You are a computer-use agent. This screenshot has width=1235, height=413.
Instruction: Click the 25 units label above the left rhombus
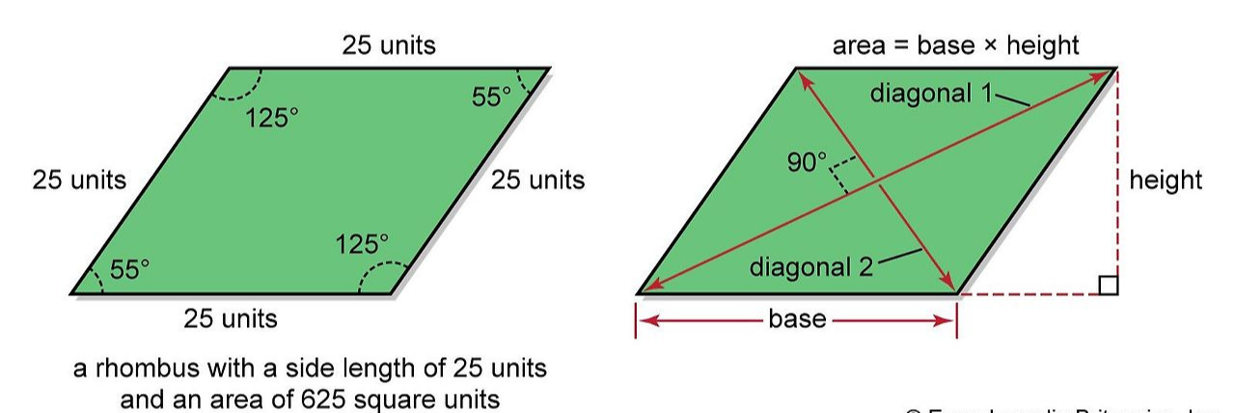(388, 45)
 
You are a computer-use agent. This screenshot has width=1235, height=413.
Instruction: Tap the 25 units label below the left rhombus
(231, 318)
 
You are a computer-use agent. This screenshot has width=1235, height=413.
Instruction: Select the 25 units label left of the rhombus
(79, 180)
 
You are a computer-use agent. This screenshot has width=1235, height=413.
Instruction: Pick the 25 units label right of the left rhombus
(537, 180)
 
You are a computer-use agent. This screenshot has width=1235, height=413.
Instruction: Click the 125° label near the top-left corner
(271, 119)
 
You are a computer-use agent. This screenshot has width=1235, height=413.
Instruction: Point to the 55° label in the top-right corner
(491, 96)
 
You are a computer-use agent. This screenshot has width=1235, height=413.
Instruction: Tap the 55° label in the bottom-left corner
(129, 270)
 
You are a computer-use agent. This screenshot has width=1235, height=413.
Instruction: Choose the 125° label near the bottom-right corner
(362, 245)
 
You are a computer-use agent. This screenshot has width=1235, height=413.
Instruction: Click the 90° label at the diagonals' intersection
(808, 162)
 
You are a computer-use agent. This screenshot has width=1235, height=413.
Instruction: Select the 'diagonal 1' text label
(931, 94)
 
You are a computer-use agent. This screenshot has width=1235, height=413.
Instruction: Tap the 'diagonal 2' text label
(810, 267)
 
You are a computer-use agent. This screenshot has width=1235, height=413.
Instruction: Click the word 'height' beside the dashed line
(1166, 180)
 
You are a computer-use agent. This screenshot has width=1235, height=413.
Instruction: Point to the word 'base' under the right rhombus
(797, 319)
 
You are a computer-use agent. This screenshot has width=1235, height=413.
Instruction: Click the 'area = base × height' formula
(955, 45)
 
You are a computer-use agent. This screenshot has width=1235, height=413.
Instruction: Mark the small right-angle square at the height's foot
(1109, 285)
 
